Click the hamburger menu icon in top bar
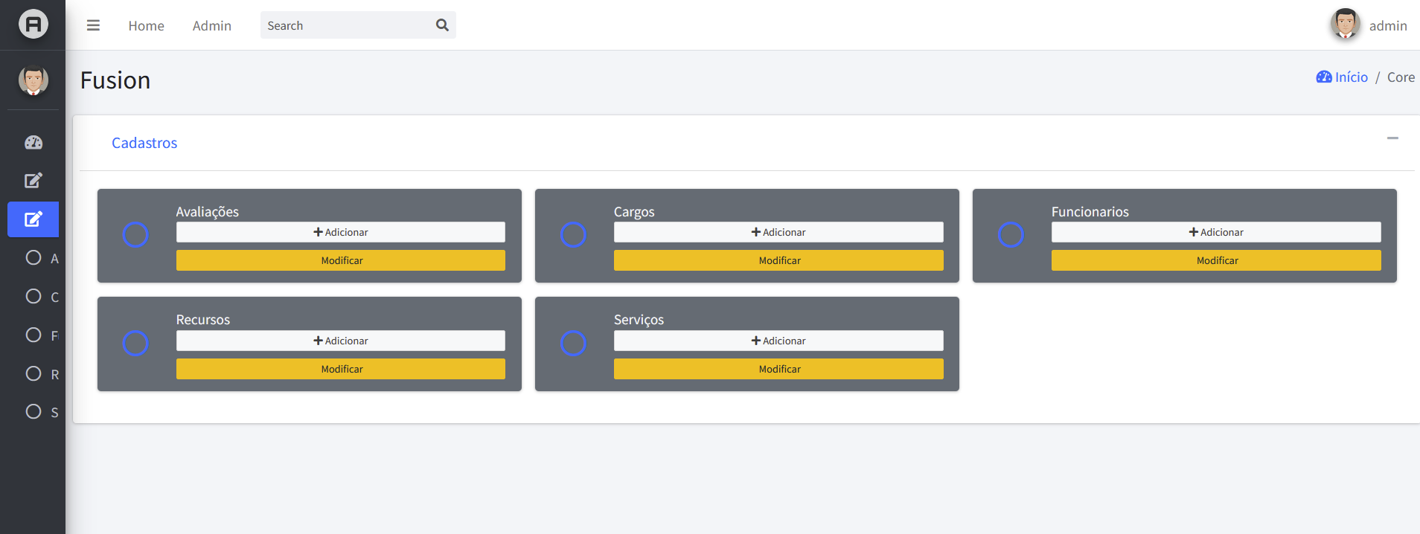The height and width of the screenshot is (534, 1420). pyautogui.click(x=93, y=25)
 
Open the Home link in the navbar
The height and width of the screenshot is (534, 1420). pyautogui.click(x=146, y=26)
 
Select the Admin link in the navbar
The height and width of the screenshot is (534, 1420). pyautogui.click(x=212, y=26)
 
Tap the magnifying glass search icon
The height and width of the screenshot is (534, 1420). pyautogui.click(x=442, y=25)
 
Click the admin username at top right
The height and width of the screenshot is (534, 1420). pyautogui.click(x=1388, y=26)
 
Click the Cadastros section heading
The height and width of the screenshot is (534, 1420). pyautogui.click(x=144, y=143)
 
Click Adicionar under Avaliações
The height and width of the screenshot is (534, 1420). pyautogui.click(x=341, y=232)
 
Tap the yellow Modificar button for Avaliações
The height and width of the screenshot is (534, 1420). pyautogui.click(x=341, y=260)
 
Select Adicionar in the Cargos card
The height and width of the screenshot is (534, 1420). pyautogui.click(x=778, y=232)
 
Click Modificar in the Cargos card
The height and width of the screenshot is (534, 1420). pyautogui.click(x=778, y=260)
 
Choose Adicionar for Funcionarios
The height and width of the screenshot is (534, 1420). pyautogui.click(x=1216, y=232)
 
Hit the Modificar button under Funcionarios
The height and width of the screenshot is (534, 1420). pyautogui.click(x=1216, y=260)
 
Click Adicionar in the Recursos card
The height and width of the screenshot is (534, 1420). pyautogui.click(x=341, y=341)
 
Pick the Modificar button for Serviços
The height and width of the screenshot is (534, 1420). pyautogui.click(x=778, y=369)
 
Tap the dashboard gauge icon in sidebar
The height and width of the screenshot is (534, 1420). pyautogui.click(x=33, y=142)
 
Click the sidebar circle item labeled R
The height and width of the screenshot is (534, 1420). pyautogui.click(x=33, y=373)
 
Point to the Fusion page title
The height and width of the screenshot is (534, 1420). pyautogui.click(x=115, y=80)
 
